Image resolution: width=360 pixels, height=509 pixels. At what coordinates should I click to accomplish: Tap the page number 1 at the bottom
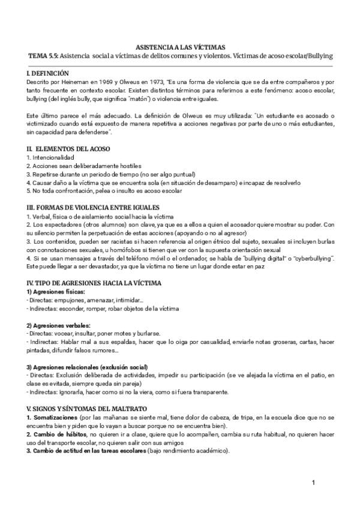[314, 483]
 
